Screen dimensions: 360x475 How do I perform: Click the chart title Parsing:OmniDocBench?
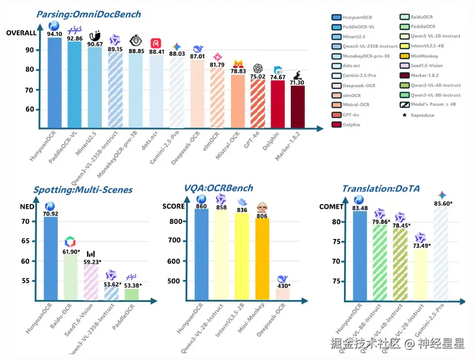(89, 14)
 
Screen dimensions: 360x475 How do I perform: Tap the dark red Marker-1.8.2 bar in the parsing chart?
(297, 106)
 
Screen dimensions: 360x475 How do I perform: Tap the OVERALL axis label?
(21, 33)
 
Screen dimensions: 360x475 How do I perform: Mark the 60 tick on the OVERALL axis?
(29, 109)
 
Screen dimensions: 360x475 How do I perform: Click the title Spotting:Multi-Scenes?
(82, 190)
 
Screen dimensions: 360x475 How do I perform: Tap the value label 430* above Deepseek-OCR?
(283, 286)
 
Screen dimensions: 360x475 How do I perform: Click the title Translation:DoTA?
(381, 189)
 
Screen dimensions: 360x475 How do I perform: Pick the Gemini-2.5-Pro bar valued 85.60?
(442, 254)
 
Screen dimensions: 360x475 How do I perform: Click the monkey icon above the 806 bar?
(262, 207)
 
